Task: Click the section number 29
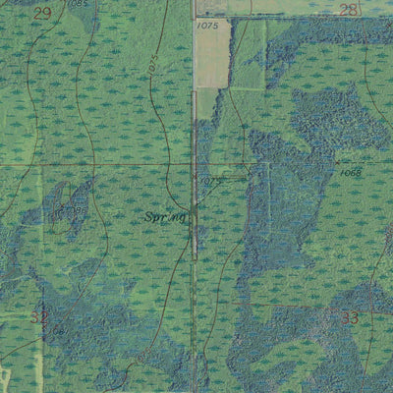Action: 41,13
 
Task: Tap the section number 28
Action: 349,9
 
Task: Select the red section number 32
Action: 38,316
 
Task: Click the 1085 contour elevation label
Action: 79,4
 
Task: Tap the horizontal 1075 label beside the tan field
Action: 206,27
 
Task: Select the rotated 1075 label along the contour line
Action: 154,67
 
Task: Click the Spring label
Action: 164,215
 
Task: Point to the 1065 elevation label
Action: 354,172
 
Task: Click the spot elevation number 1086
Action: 69,209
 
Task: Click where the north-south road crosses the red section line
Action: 194,163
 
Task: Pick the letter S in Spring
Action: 149,215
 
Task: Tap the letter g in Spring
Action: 182,217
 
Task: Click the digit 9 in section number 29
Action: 46,13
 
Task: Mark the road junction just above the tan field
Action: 195,17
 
